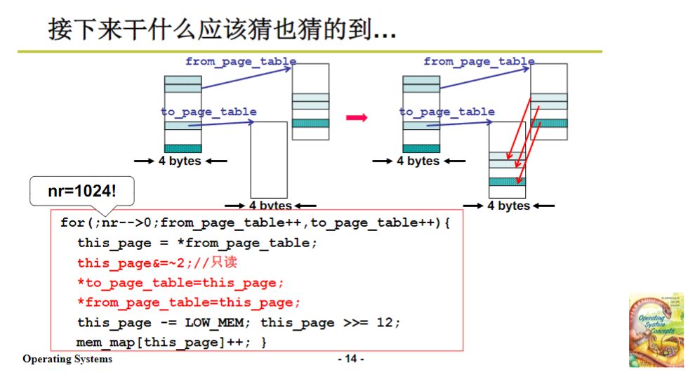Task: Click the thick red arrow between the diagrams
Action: click(x=358, y=117)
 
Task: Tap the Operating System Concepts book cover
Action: click(x=656, y=330)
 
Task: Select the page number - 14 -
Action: click(x=351, y=359)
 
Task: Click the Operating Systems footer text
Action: click(x=67, y=359)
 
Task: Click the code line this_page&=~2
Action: click(x=157, y=263)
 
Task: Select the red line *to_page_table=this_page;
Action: click(x=181, y=283)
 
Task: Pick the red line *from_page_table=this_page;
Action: click(x=189, y=303)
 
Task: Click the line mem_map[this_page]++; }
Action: click(x=172, y=343)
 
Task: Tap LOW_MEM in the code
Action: click(x=213, y=323)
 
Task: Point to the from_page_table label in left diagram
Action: click(x=241, y=62)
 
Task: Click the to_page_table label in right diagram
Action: click(x=447, y=112)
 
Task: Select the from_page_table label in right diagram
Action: click(x=479, y=62)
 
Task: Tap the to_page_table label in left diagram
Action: click(x=208, y=112)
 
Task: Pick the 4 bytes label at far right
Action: click(x=509, y=206)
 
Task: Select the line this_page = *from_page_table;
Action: click(x=197, y=243)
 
